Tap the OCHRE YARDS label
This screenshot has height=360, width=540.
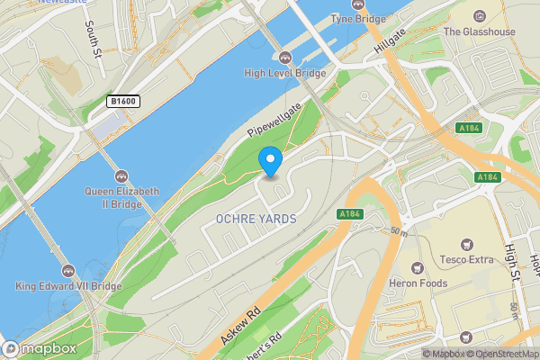coord(256,220)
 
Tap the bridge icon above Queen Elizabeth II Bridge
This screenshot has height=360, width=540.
coord(121,175)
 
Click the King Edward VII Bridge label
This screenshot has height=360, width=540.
coord(68,286)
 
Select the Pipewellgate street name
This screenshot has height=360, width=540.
coord(274,121)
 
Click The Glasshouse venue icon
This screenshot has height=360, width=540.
coord(478,15)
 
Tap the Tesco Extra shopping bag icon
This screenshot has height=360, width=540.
coord(466,244)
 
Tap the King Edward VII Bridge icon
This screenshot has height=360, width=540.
coord(68,270)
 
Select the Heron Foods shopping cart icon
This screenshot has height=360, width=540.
coord(416,268)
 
